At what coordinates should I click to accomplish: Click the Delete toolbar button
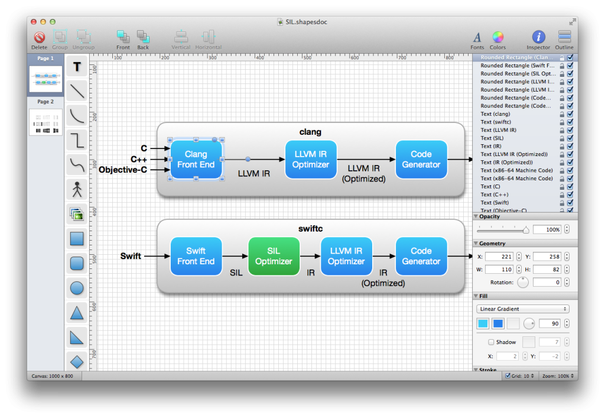point(40,38)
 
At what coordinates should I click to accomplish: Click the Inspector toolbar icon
point(538,38)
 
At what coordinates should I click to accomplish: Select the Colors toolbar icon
point(497,38)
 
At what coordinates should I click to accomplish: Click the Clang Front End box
point(196,160)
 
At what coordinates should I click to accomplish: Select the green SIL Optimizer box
point(274,256)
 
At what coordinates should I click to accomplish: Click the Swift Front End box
point(196,256)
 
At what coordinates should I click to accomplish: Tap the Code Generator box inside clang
point(421,160)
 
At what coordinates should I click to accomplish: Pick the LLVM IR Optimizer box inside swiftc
point(346,256)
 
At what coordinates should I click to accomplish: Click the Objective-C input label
point(123,170)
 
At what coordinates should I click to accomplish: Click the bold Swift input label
point(131,256)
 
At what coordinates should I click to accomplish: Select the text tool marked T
point(77,67)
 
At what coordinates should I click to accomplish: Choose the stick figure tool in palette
point(77,189)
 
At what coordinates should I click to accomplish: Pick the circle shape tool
point(77,289)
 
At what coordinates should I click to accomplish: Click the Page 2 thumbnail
point(45,122)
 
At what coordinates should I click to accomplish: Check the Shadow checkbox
point(491,342)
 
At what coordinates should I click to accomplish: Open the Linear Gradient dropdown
point(522,309)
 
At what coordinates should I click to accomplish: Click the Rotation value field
point(547,283)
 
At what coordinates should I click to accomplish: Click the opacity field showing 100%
point(547,229)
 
